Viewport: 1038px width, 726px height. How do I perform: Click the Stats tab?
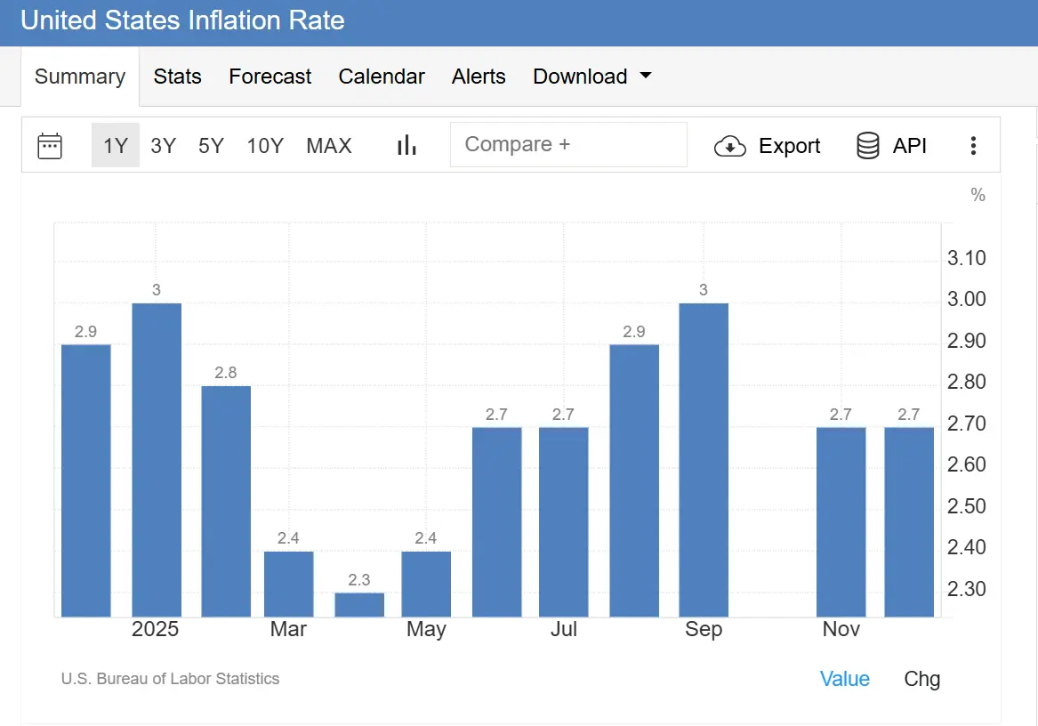coord(177,77)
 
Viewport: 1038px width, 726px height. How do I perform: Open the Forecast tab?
coord(270,77)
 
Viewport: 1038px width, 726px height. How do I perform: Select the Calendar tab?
coord(382,77)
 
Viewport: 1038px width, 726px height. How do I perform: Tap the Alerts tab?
coord(479,77)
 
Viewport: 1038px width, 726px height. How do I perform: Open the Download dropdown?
coord(591,77)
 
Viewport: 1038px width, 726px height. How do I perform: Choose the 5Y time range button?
coord(211,146)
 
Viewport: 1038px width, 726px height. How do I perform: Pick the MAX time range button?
coord(329,146)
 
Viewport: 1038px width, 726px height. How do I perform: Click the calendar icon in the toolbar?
coord(50,146)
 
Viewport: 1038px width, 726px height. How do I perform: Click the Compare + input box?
coord(568,145)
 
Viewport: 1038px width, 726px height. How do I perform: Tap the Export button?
coord(768,146)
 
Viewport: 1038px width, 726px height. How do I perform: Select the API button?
coord(891,146)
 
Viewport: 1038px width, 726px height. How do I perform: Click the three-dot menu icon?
coord(974,146)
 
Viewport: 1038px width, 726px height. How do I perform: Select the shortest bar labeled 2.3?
coord(359,605)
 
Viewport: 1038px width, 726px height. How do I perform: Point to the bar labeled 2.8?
coord(226,501)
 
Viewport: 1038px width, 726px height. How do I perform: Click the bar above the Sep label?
coord(704,459)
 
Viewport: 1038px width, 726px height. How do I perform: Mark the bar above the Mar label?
coord(289,584)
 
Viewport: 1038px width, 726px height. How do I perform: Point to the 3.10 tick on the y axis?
coord(967,259)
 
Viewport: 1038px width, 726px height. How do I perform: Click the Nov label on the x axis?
coord(841,630)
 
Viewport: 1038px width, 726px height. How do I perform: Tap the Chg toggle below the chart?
coord(921,680)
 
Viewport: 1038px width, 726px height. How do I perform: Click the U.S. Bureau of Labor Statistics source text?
coord(170,679)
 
